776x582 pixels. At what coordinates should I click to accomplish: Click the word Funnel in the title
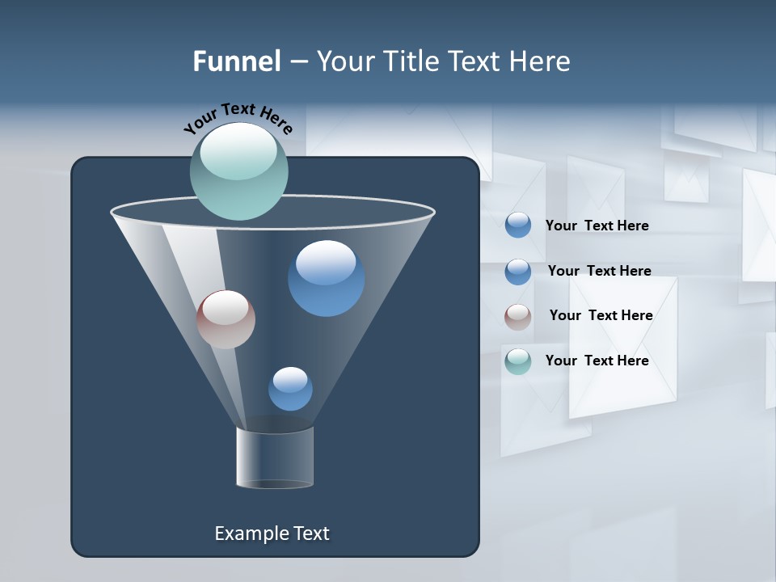pos(236,61)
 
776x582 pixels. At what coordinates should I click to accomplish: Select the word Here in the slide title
pos(540,61)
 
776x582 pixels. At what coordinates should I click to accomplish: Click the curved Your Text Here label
pos(238,116)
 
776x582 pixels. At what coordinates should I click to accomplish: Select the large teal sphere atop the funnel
pos(238,171)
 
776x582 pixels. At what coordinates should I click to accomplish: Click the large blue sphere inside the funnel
pos(326,278)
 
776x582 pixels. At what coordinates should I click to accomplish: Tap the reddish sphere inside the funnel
pos(226,319)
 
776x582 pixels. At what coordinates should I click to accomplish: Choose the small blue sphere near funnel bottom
pos(290,389)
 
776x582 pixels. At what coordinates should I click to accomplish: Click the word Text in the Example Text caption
pos(310,533)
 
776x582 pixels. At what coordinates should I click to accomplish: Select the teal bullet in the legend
pos(518,361)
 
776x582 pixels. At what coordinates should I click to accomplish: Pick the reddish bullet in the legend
pos(518,317)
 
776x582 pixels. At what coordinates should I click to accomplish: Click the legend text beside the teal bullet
pos(597,361)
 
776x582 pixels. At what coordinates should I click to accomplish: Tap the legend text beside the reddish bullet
pos(601,315)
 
